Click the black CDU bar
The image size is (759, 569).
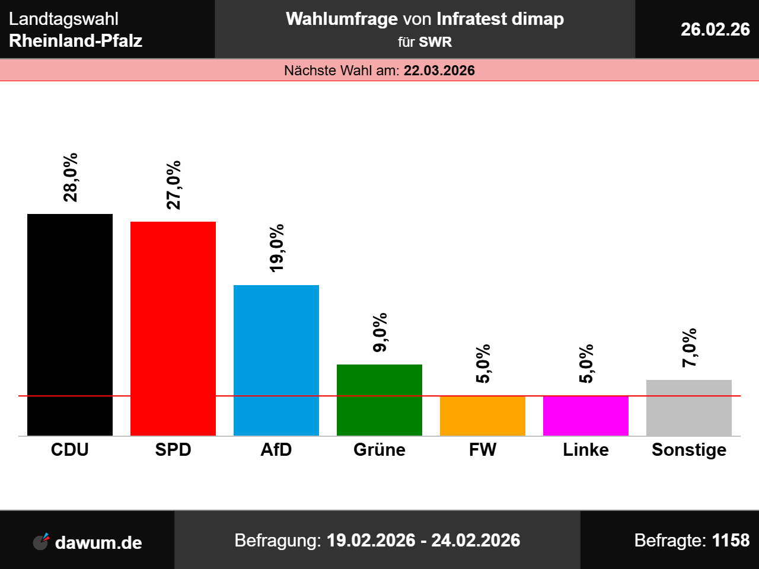pyautogui.click(x=70, y=325)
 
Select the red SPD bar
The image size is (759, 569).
pyautogui.click(x=173, y=329)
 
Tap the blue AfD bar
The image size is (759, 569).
pyautogui.click(x=276, y=360)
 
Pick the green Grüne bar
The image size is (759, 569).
pyautogui.click(x=379, y=400)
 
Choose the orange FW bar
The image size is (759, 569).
pyautogui.click(x=483, y=416)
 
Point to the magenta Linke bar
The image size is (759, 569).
pyautogui.click(x=586, y=416)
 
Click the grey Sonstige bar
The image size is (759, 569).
pyautogui.click(x=689, y=408)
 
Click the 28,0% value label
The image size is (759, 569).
pyautogui.click(x=71, y=177)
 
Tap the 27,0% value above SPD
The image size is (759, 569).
pyautogui.click(x=174, y=185)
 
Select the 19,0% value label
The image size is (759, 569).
pyautogui.click(x=277, y=248)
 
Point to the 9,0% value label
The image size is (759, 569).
pyautogui.click(x=380, y=332)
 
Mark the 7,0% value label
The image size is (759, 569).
pyautogui.click(x=690, y=348)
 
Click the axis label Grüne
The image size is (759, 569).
pyautogui.click(x=379, y=450)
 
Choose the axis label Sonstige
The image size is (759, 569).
pyautogui.click(x=689, y=450)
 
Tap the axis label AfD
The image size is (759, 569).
pyautogui.click(x=276, y=450)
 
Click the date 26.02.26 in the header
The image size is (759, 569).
pyautogui.click(x=715, y=29)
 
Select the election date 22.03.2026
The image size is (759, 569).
pyautogui.click(x=439, y=71)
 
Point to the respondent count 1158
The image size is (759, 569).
pyautogui.click(x=731, y=541)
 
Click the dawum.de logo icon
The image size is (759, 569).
pyautogui.click(x=41, y=542)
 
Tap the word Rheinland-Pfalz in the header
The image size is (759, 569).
pyautogui.click(x=76, y=41)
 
